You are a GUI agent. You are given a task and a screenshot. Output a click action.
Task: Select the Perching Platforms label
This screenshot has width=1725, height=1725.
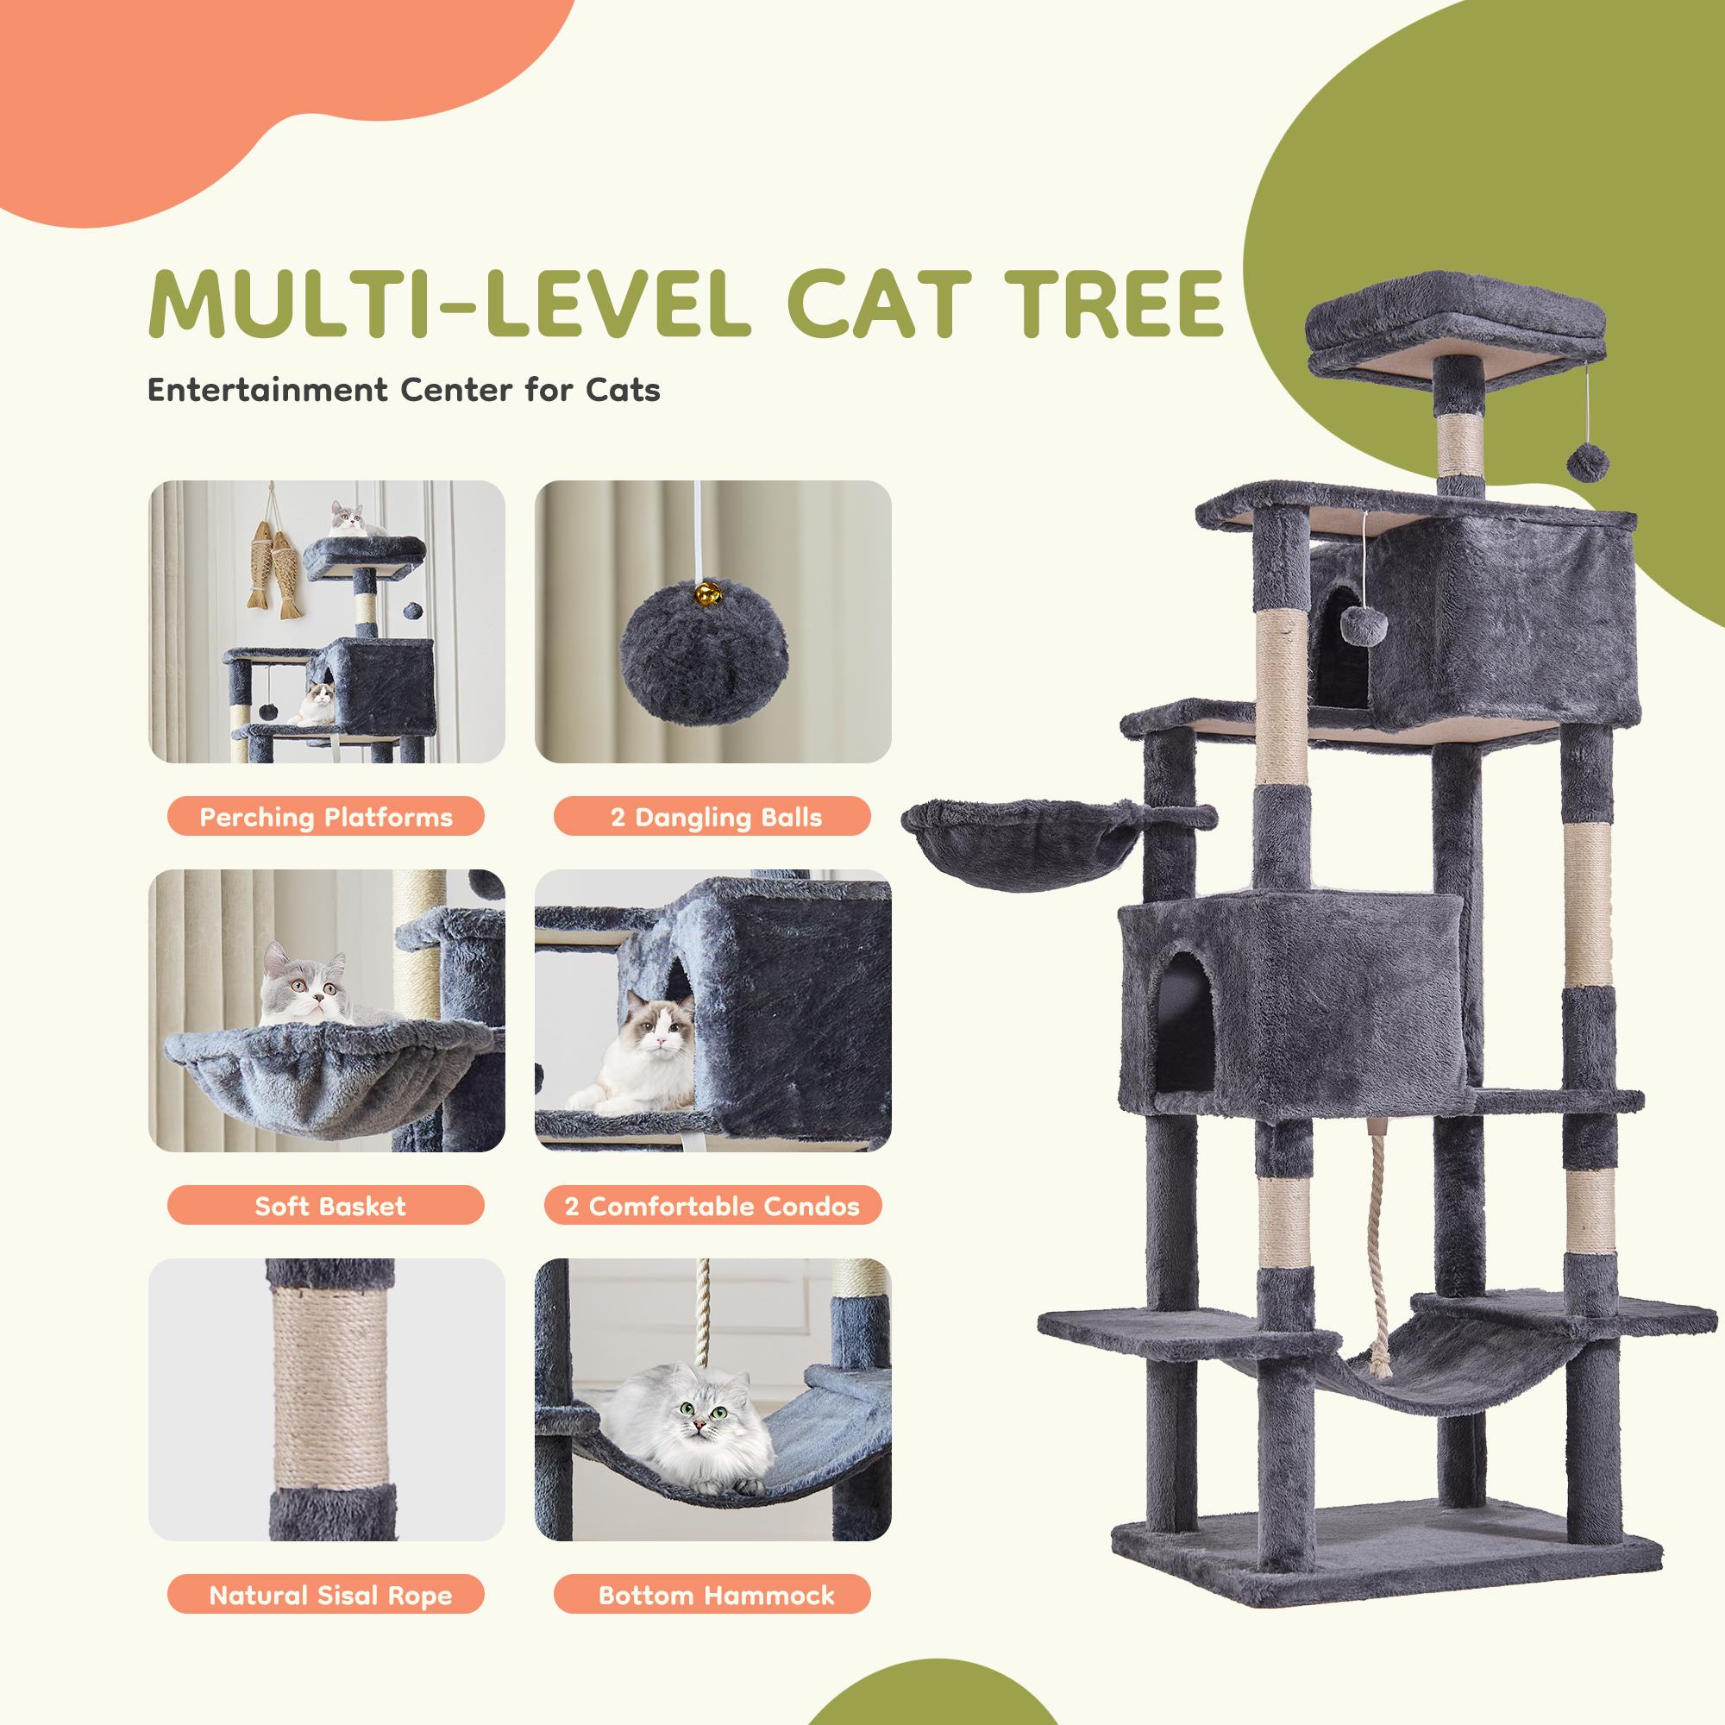(x=326, y=817)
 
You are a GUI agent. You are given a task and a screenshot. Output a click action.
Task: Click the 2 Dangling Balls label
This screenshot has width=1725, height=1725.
(x=712, y=817)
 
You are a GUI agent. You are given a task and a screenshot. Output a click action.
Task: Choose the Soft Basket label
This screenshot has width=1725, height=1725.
(x=326, y=1207)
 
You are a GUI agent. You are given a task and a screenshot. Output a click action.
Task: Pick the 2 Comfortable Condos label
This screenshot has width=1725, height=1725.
(x=712, y=1207)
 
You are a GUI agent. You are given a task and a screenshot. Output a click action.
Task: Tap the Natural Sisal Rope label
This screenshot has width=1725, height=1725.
(x=326, y=1596)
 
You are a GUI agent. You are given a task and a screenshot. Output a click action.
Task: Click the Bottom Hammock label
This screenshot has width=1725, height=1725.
(x=712, y=1596)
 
